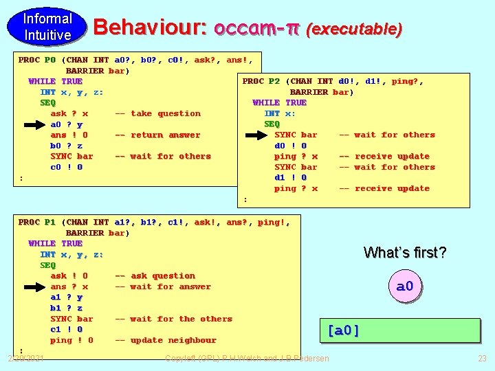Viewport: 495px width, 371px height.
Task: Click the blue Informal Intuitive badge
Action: pos(47,27)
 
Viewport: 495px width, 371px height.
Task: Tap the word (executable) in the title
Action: pos(354,29)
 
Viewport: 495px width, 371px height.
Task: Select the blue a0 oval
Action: pos(405,286)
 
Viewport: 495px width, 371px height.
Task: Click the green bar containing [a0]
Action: pos(399,330)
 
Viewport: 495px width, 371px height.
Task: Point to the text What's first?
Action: pos(405,253)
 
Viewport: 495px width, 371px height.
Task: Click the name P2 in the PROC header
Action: pos(274,81)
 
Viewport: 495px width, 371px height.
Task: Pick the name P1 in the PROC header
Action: pos(49,222)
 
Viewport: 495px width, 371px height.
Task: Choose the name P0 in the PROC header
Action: pos(49,60)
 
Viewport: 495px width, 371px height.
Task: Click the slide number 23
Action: pos(481,358)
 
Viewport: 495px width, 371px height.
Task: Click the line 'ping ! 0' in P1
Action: pos(71,340)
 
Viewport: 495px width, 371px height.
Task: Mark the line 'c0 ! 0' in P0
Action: pos(66,167)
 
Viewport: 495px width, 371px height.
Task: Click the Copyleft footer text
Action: pos(247,358)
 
